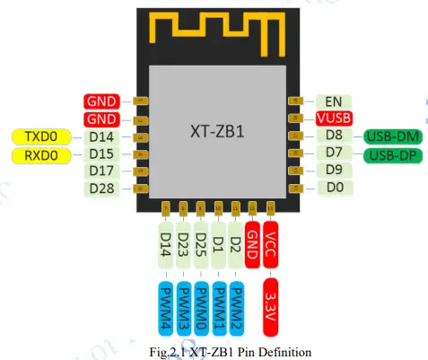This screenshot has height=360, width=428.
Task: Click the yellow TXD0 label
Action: [42, 137]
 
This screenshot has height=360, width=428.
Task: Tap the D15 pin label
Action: [103, 154]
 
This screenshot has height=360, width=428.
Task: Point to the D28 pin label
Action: [103, 188]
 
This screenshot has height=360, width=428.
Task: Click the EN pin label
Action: [334, 102]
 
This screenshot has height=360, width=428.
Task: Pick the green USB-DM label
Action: [392, 136]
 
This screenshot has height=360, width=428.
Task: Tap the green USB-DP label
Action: [392, 154]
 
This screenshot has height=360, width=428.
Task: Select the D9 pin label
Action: [334, 171]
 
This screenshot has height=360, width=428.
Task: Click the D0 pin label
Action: [334, 188]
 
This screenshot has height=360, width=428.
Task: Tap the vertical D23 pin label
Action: [183, 245]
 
